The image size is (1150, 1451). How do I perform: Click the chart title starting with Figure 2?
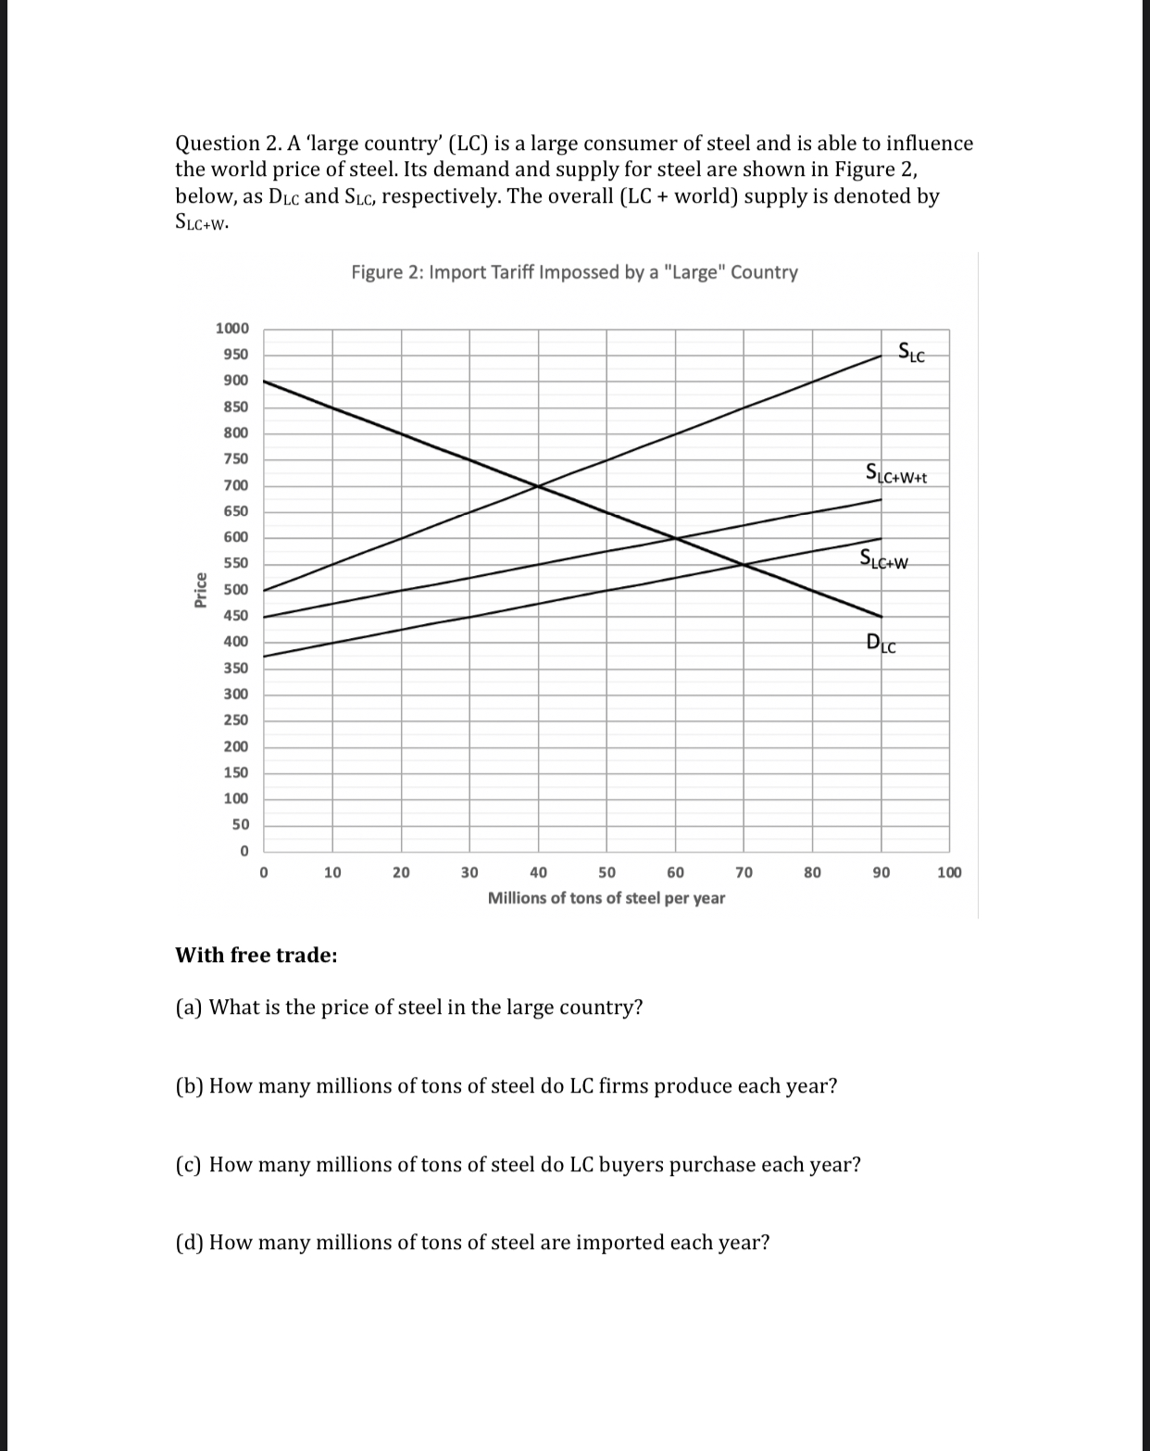[x=574, y=272]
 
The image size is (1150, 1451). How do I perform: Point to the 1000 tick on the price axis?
[x=231, y=329]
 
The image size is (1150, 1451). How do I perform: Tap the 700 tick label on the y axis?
[x=235, y=485]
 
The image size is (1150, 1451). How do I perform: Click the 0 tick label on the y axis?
[x=244, y=851]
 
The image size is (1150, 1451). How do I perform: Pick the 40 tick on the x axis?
[x=538, y=872]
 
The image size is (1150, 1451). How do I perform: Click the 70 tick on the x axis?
[x=744, y=872]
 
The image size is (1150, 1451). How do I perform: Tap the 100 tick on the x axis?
[x=949, y=872]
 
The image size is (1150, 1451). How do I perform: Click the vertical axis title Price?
[x=200, y=590]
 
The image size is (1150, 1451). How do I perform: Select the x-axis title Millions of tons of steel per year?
[x=606, y=898]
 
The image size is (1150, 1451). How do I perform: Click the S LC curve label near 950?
[x=911, y=352]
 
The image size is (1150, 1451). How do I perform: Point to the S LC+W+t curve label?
[x=895, y=474]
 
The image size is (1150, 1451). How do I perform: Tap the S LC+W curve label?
[x=884, y=559]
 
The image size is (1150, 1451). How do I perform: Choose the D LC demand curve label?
[x=881, y=642]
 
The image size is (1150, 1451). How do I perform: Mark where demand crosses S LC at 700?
[x=538, y=485]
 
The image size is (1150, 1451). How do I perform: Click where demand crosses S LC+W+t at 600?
[x=675, y=538]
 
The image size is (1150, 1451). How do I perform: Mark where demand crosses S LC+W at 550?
[x=744, y=564]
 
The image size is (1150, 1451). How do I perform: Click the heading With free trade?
[x=256, y=956]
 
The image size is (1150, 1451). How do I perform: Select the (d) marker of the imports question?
[x=189, y=1243]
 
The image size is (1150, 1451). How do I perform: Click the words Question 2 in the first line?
[x=219, y=144]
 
